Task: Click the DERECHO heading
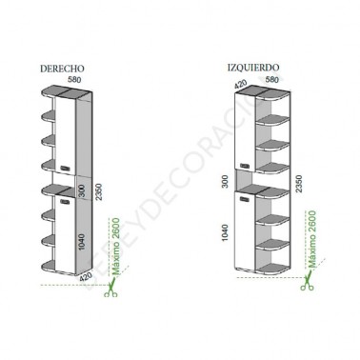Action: [63, 70]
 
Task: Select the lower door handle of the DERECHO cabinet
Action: [65, 200]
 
